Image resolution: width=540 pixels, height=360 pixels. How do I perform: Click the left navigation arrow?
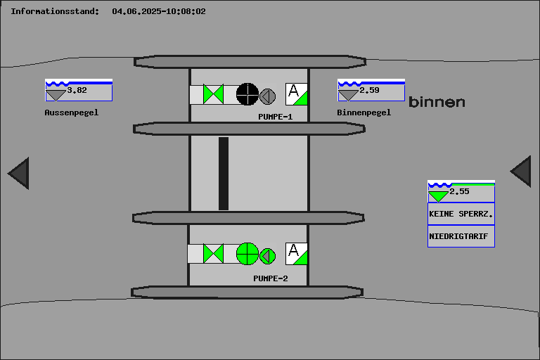[x=19, y=173]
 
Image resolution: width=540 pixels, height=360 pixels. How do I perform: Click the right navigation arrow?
[x=521, y=172]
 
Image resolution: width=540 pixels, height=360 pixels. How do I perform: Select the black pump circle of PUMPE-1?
[x=247, y=94]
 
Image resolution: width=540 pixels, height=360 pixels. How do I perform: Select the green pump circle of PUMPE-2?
[x=247, y=253]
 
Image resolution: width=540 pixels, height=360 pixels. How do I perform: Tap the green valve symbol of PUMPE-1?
[x=213, y=94]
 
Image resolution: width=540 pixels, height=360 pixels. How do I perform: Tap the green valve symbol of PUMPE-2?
[x=213, y=253]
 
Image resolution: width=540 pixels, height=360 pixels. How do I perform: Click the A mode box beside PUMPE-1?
[x=297, y=94]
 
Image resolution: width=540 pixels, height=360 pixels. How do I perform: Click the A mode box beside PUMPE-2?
[x=297, y=253]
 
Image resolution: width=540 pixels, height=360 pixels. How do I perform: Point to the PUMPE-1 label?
[x=275, y=117]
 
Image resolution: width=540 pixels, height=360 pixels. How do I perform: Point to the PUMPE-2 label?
[x=271, y=278]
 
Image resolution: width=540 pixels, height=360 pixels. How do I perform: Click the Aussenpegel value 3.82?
[x=77, y=90]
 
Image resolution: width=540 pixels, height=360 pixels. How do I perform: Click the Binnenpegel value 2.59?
[x=369, y=90]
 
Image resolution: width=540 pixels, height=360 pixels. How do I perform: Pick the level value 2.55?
[x=459, y=191]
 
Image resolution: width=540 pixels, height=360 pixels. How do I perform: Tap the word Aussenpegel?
[x=72, y=112]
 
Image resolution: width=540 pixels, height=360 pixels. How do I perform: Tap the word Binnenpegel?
[x=364, y=112]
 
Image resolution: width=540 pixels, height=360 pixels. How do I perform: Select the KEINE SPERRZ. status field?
[x=461, y=213]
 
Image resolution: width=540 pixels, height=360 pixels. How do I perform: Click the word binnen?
[x=437, y=102]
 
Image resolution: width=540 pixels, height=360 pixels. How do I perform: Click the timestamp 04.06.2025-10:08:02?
[x=159, y=11]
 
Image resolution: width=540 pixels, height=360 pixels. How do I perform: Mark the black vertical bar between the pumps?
[x=224, y=173]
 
